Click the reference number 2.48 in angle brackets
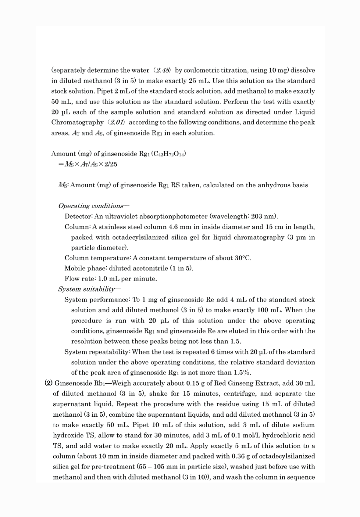(163, 70)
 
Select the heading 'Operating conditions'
(91, 206)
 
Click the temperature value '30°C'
(243, 258)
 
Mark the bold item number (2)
(48, 383)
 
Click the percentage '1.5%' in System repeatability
(242, 373)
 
